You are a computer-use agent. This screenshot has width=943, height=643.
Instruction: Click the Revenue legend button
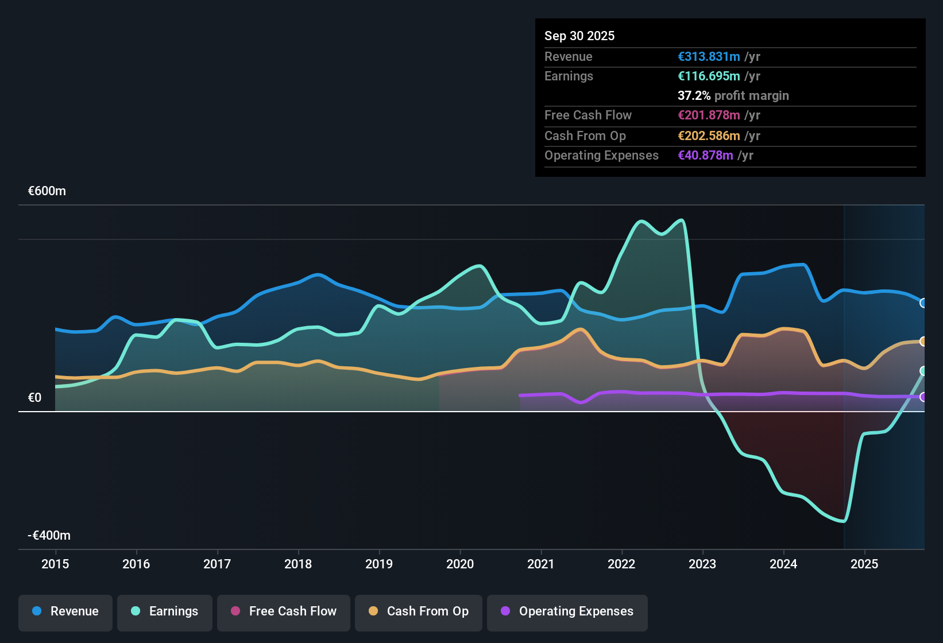[65, 611]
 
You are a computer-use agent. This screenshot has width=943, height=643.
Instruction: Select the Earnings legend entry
[164, 611]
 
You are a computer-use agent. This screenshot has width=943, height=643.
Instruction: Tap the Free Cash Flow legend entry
[284, 611]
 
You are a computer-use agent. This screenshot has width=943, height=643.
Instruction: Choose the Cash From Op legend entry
[419, 611]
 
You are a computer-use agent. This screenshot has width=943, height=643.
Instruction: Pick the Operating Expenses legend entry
[567, 611]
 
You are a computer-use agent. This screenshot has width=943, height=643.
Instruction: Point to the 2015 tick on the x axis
[55, 564]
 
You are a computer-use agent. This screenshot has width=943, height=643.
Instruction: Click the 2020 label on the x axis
[460, 564]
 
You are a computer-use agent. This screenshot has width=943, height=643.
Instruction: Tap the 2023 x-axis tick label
[702, 564]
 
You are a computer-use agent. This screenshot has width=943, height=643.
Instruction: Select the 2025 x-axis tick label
[864, 564]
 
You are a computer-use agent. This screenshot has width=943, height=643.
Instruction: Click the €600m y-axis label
[47, 191]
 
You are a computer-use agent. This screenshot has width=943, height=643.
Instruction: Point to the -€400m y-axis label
[49, 536]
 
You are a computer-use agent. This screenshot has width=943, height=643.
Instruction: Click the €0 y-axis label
[34, 398]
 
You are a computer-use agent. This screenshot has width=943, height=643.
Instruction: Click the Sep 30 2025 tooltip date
[579, 36]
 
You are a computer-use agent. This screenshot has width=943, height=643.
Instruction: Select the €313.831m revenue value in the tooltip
[709, 56]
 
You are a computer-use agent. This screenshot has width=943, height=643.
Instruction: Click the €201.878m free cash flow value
[709, 115]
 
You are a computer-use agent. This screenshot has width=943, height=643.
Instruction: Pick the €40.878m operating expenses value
[705, 155]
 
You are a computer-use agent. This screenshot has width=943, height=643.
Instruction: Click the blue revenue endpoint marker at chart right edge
[923, 303]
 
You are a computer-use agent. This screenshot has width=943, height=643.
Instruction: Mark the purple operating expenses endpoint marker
[923, 397]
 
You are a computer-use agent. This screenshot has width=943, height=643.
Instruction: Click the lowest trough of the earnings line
[843, 521]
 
